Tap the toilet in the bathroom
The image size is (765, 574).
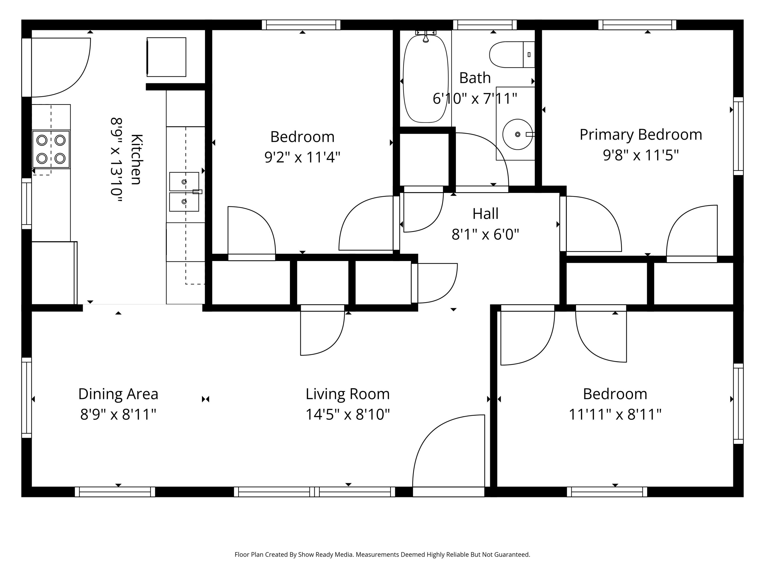coord(512,54)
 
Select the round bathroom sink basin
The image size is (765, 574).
coord(517,134)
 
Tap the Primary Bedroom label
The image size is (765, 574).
coord(641,135)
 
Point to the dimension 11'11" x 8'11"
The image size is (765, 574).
coord(615,414)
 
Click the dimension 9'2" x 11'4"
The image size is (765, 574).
coord(302,157)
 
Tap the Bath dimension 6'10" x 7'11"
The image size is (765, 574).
coord(475,99)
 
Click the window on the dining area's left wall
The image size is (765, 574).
coord(27,397)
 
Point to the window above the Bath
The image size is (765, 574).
coord(485,25)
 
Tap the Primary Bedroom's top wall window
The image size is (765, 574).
coord(637,25)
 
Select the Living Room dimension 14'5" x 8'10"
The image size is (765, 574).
coord(348,414)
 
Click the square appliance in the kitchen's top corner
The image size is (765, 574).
coord(166,57)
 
